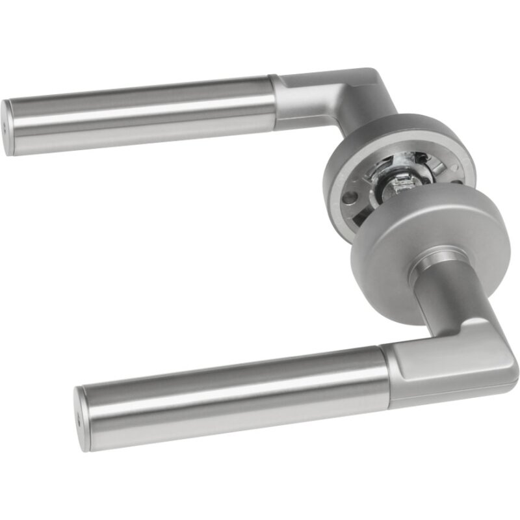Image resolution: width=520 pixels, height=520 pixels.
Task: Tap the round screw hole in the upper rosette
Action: coord(350,197)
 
